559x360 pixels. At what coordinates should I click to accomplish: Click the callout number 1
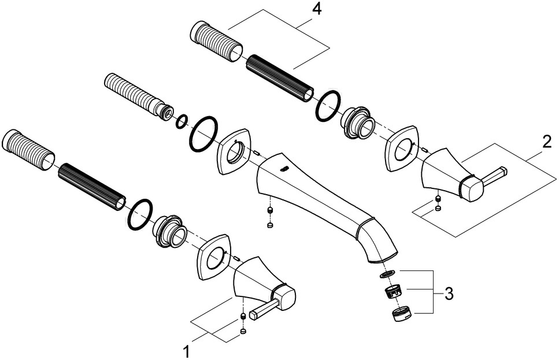click(x=186, y=350)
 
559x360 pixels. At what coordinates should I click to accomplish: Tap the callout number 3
click(x=447, y=294)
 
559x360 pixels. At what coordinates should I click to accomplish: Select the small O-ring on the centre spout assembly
click(x=182, y=121)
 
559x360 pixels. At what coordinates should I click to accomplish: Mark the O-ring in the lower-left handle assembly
click(x=139, y=215)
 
